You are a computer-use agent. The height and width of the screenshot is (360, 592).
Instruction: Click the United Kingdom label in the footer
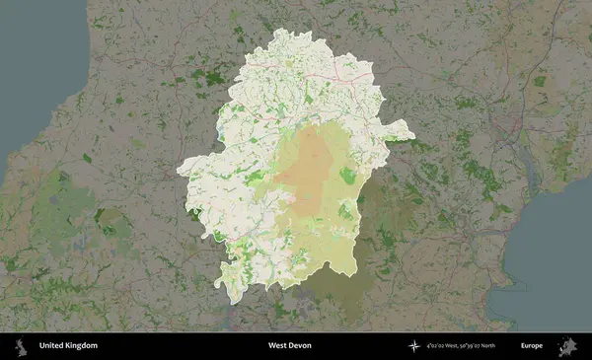68,346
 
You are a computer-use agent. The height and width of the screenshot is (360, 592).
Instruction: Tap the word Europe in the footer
531,346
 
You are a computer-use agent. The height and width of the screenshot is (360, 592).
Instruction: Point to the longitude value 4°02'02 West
445,346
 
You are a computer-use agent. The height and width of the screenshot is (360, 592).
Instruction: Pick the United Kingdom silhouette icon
20,346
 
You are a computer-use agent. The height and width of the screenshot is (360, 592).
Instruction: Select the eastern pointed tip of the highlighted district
408,125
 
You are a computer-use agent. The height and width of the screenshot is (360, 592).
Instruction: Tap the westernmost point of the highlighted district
179,172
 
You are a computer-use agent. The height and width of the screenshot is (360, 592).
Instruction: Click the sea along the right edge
562,247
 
